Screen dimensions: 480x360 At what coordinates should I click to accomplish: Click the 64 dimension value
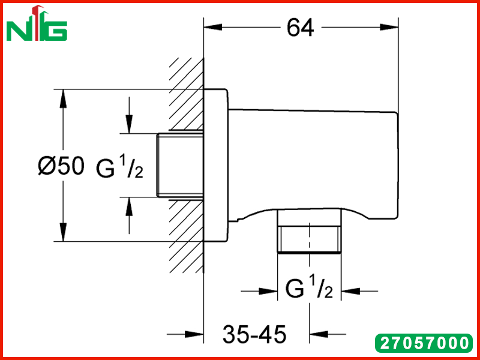tap(301, 28)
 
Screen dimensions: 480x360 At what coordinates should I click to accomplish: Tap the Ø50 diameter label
tap(61, 166)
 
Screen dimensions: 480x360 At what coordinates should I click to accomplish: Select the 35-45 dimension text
tap(254, 334)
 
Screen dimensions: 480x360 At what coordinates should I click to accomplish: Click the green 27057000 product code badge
tap(424, 343)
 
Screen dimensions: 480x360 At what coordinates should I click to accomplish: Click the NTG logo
tap(37, 23)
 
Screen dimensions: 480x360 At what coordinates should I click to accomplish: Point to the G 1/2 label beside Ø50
tap(119, 168)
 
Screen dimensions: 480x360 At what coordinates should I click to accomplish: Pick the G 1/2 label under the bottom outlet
tap(309, 288)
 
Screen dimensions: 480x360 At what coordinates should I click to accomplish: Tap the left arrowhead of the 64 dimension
tap(213, 27)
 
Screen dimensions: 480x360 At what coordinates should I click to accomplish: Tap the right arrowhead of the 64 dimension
tap(389, 27)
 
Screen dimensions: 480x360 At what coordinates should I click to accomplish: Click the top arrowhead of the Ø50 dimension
tap(63, 98)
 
